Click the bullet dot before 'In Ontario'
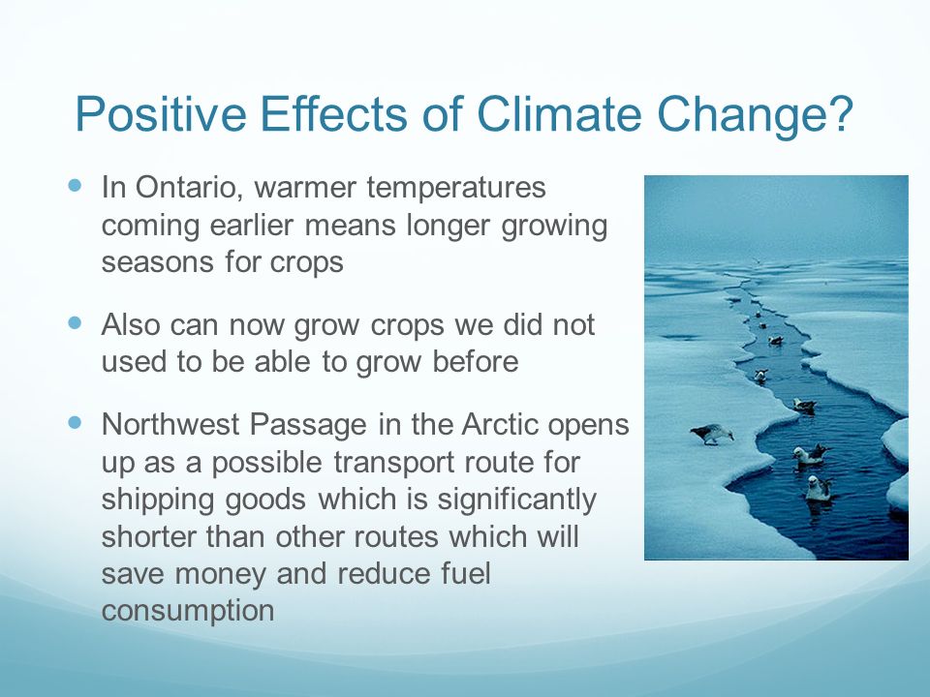coord(75,185)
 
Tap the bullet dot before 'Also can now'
coord(75,323)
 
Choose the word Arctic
coord(500,425)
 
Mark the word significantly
coord(516,501)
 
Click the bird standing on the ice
coord(712,434)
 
